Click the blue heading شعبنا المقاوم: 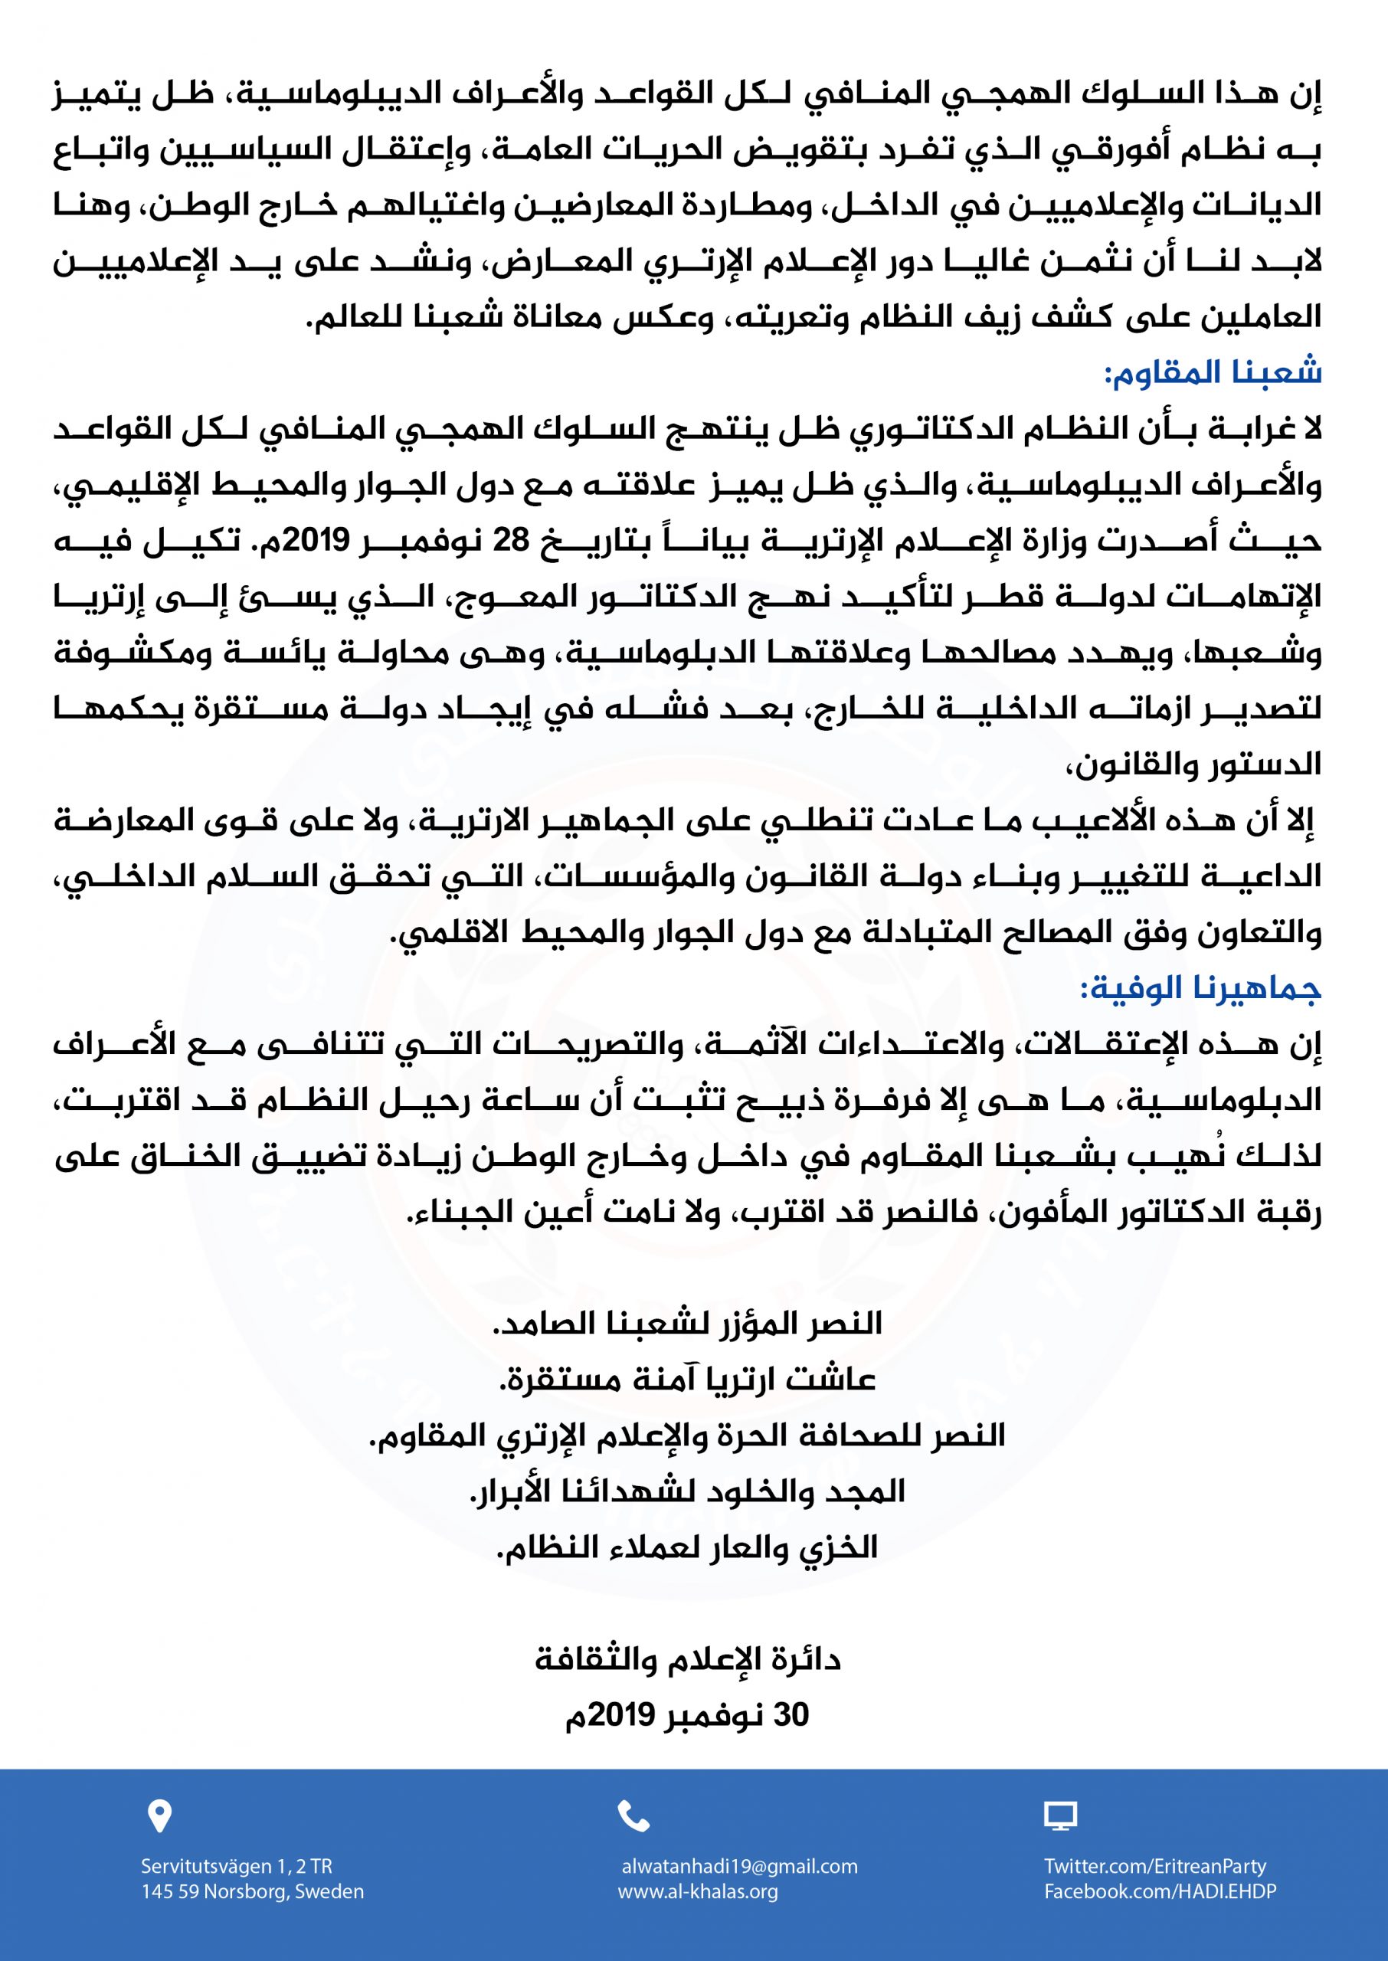tap(1213, 373)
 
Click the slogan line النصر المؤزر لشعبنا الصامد tap(687, 1324)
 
